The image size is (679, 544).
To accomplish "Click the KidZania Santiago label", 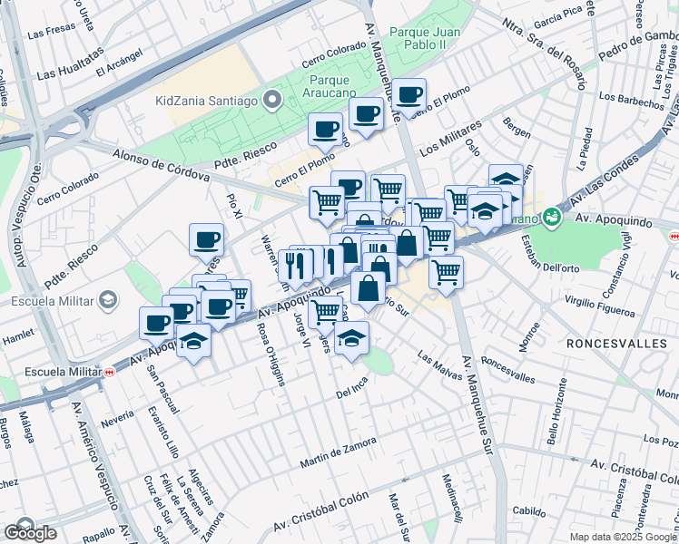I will (x=206, y=100).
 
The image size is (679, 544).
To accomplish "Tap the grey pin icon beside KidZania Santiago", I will (x=271, y=99).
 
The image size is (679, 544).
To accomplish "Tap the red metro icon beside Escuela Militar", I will (x=109, y=371).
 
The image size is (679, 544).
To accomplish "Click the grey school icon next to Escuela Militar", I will (x=108, y=300).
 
